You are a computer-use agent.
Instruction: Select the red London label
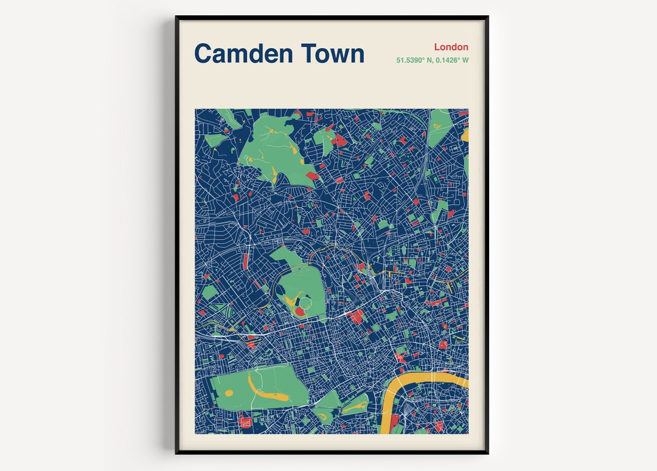click(451, 47)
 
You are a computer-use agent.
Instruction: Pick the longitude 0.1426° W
click(451, 60)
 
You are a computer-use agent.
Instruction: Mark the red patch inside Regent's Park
click(299, 311)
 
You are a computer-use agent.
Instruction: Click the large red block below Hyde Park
click(246, 422)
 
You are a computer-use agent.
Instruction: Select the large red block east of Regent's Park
click(356, 315)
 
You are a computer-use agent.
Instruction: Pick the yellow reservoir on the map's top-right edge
click(465, 134)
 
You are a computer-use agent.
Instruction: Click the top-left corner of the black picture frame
click(177, 18)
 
